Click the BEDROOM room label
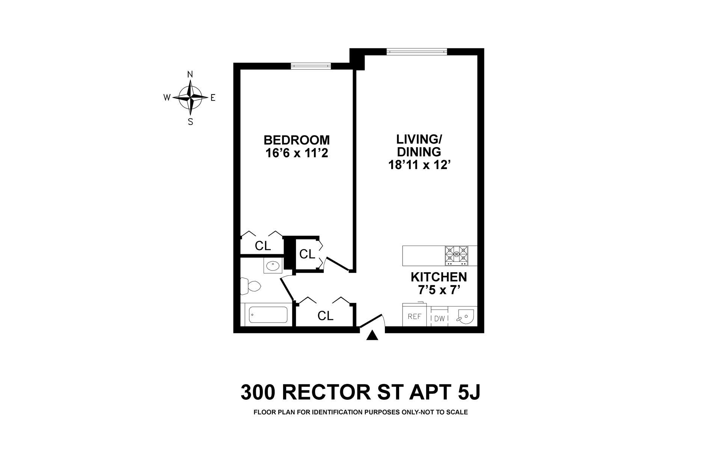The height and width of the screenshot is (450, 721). click(x=297, y=140)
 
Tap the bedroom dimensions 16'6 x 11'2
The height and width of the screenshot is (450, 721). click(x=297, y=153)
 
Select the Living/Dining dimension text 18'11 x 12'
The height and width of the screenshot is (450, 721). click(x=419, y=165)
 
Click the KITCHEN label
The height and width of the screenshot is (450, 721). click(x=439, y=277)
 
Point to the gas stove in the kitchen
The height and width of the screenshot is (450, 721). click(x=457, y=256)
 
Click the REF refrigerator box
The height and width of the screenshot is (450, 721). click(x=414, y=316)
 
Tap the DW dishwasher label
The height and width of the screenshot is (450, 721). click(x=439, y=319)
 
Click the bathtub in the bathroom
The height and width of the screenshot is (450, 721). click(x=268, y=315)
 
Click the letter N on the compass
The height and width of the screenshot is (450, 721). click(x=190, y=74)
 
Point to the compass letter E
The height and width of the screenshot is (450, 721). click(x=213, y=98)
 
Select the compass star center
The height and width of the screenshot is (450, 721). click(x=190, y=97)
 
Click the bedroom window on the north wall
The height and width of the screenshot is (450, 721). click(x=311, y=66)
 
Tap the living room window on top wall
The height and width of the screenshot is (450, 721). click(x=417, y=51)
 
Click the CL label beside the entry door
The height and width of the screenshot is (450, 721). click(x=325, y=316)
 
